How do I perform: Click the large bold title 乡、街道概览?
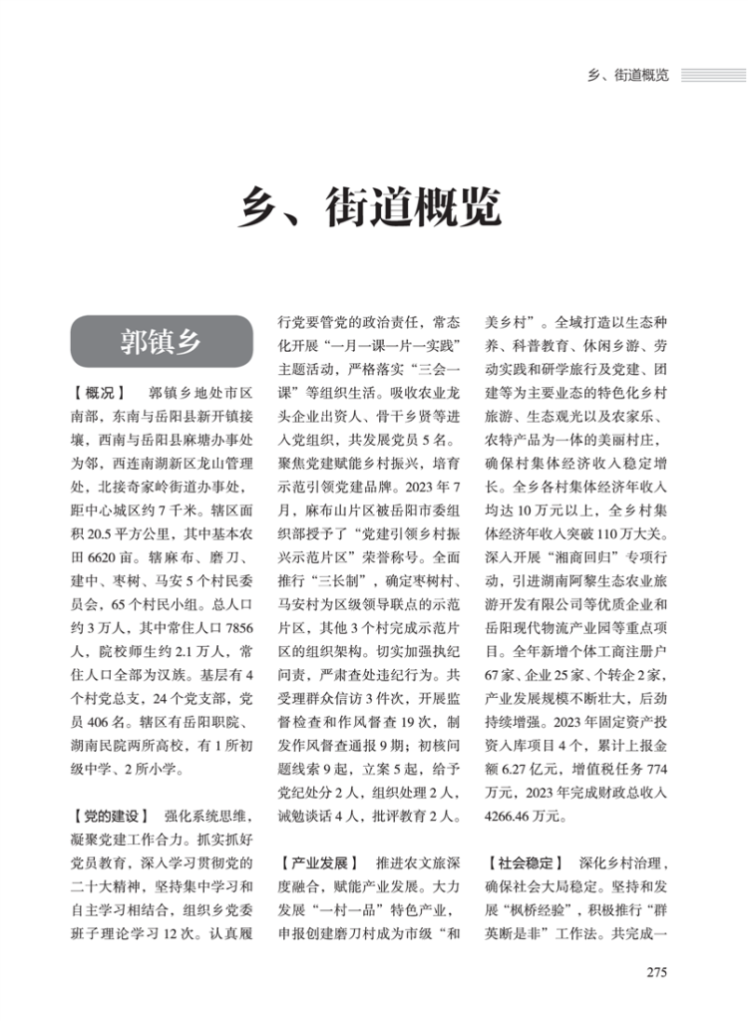point(373,209)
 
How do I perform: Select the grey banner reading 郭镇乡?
point(161,341)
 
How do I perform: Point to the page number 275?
point(656,972)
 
